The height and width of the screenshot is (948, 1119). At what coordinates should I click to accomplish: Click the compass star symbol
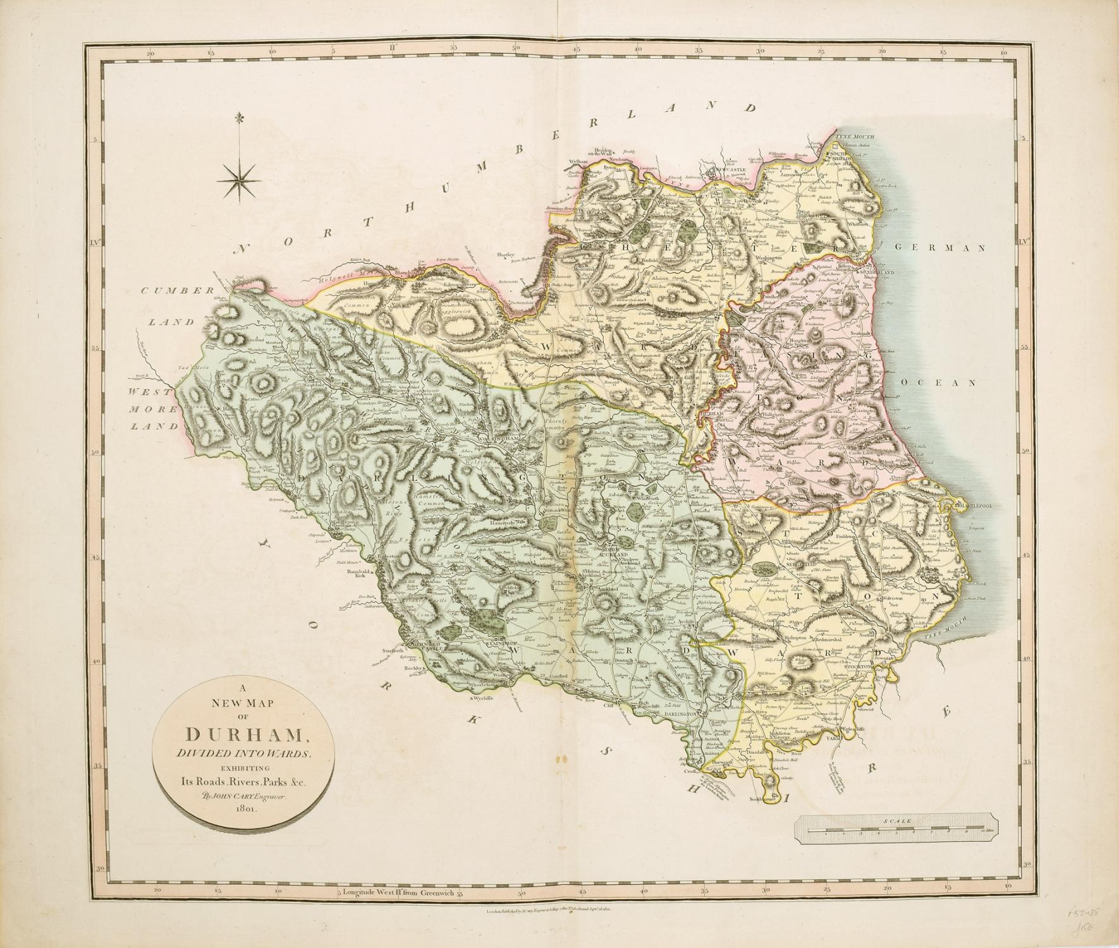point(238,178)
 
